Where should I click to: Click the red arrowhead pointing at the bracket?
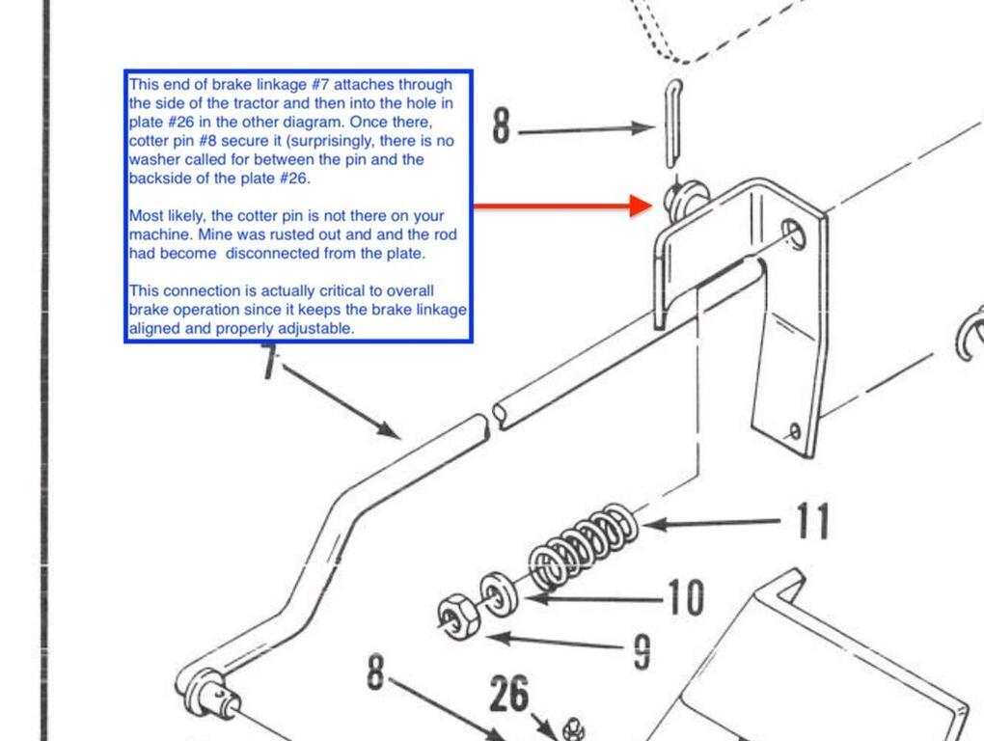(x=641, y=206)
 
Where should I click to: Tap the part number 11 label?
(x=811, y=521)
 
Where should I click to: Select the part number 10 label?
(x=685, y=598)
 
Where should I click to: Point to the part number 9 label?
(x=642, y=653)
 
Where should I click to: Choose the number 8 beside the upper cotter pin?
(x=501, y=126)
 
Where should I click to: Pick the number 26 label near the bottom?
(x=509, y=694)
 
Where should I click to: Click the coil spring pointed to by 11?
(x=584, y=545)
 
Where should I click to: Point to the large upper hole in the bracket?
(x=793, y=232)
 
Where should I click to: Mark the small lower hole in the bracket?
(x=794, y=430)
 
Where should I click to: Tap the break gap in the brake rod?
(x=491, y=419)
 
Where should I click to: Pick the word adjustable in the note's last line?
(x=317, y=329)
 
